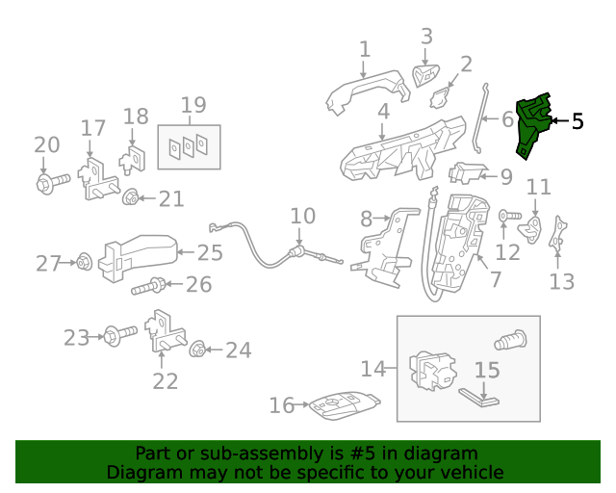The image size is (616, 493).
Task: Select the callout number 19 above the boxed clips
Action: coord(193,104)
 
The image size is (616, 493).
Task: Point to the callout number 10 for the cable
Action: coord(302,216)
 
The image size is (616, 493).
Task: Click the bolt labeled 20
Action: coord(51,179)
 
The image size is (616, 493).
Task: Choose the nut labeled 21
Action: coord(130,199)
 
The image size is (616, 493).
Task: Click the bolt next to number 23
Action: coord(120,337)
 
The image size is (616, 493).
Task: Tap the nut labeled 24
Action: coord(197,350)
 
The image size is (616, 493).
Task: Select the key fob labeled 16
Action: coord(342,406)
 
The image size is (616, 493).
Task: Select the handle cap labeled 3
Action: coord(423,74)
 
